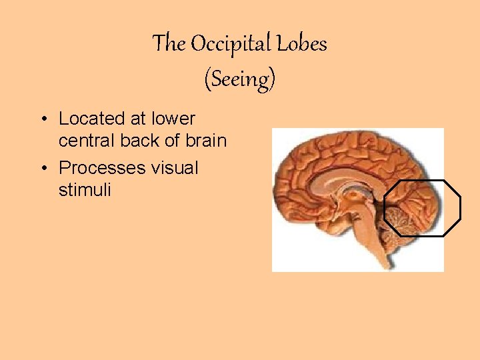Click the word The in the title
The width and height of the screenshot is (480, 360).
[169, 44]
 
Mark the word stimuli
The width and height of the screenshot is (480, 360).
[85, 190]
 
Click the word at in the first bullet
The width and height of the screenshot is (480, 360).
[139, 119]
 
